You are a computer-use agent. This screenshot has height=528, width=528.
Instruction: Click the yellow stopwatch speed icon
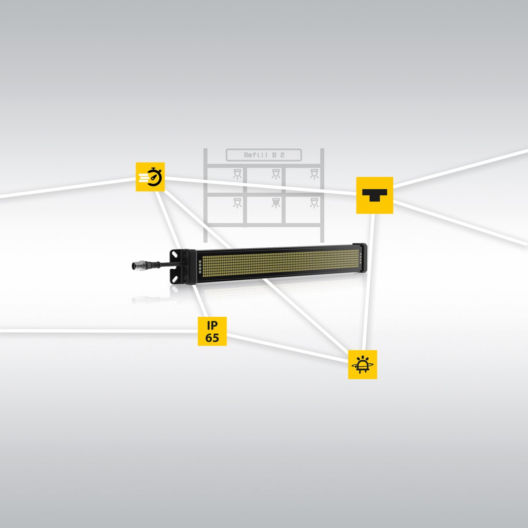150,177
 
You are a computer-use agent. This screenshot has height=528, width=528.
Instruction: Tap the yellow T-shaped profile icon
374,195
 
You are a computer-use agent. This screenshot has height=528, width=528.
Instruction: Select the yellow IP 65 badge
212,331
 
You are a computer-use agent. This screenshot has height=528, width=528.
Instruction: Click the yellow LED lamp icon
363,364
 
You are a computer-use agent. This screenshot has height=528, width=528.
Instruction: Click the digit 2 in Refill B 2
282,155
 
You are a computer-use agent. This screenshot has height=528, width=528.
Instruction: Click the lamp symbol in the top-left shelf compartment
237,174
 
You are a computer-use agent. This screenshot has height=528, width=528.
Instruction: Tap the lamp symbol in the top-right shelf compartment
314,174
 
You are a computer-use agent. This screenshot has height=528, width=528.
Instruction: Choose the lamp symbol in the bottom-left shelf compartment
237,202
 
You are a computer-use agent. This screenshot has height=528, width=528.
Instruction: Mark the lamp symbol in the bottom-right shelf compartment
314,202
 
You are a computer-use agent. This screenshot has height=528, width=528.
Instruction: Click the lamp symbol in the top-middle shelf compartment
276,174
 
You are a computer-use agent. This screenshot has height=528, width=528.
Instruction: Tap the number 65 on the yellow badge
212,338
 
